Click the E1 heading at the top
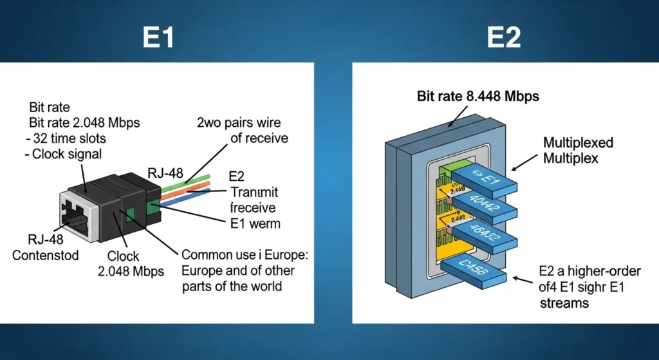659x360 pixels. [x=158, y=37]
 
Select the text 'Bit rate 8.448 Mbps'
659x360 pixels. [x=478, y=97]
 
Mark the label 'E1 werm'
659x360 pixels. [x=255, y=224]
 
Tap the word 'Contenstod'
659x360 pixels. [x=46, y=255]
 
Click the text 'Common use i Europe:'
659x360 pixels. [x=245, y=254]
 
